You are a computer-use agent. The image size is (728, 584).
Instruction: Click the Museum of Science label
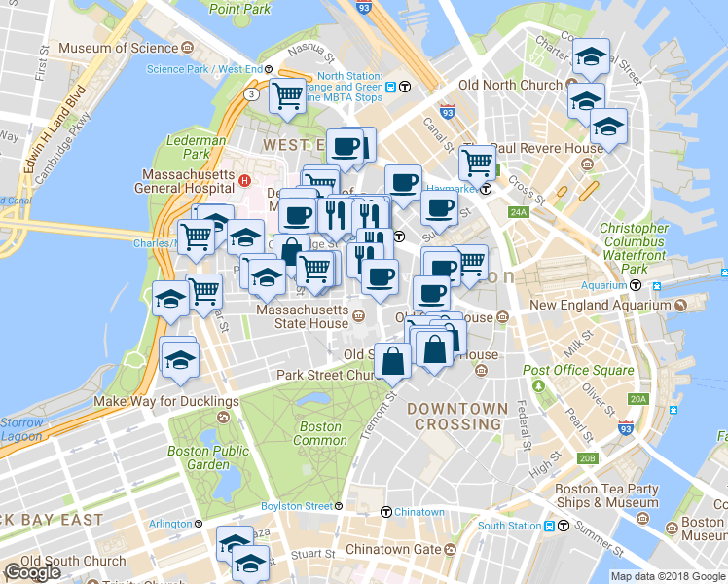coord(118,48)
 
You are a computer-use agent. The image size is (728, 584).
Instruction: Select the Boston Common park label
coord(320,433)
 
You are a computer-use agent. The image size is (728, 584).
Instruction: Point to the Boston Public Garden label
coord(207,457)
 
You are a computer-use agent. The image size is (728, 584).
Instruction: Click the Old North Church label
coord(510,85)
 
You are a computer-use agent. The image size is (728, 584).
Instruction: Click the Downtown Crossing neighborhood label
coord(457,416)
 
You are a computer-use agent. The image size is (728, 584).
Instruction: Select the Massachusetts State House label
coord(301,316)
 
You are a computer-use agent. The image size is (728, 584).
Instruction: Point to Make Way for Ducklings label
coord(165,401)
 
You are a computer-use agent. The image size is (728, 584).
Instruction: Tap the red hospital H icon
coord(246,180)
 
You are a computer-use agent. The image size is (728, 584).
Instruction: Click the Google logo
coord(32,572)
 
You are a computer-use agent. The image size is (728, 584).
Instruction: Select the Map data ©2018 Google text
coord(668,576)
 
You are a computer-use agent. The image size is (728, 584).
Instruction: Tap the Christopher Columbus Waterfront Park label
coord(634,247)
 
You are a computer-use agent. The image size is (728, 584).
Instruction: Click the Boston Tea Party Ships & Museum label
coord(606,495)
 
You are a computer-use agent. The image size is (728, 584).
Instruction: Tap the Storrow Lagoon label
coord(21,430)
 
